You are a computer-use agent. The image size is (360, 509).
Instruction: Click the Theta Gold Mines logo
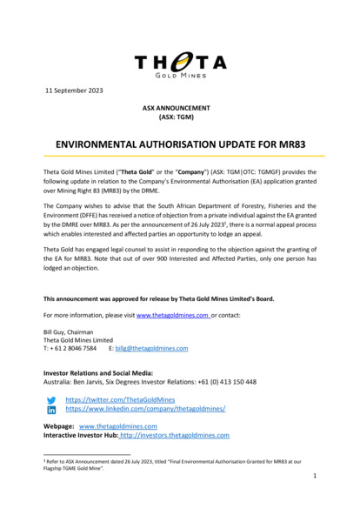[x=180, y=63]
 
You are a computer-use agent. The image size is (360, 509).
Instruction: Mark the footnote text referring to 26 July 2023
[x=174, y=464]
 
